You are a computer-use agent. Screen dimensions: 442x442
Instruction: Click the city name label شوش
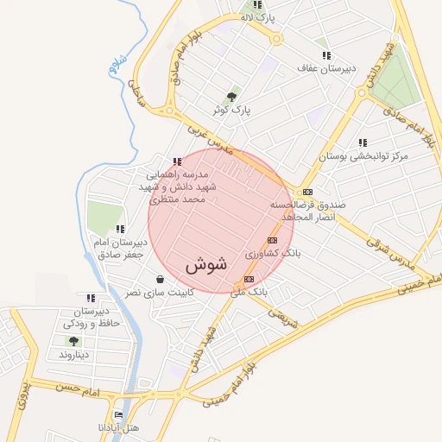click(x=205, y=264)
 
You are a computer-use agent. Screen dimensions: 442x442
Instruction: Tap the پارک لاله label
click(x=258, y=17)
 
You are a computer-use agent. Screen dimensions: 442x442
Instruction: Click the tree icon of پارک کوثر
click(x=230, y=97)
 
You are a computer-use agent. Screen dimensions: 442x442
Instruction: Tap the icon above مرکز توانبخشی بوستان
click(x=363, y=142)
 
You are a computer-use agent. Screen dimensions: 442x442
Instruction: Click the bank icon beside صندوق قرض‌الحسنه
click(x=307, y=192)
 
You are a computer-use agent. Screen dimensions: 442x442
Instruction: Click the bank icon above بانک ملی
click(x=249, y=279)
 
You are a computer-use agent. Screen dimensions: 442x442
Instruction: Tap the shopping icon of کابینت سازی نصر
click(x=161, y=279)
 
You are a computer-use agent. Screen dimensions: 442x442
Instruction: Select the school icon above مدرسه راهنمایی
click(x=177, y=161)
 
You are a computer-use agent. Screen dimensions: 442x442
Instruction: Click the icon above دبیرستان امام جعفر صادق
click(x=120, y=229)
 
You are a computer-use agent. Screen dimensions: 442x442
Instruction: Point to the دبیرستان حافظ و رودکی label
click(x=90, y=317)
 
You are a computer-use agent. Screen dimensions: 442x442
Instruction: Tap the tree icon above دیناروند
click(x=72, y=342)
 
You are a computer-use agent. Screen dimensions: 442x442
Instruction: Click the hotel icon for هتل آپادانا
click(x=119, y=414)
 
